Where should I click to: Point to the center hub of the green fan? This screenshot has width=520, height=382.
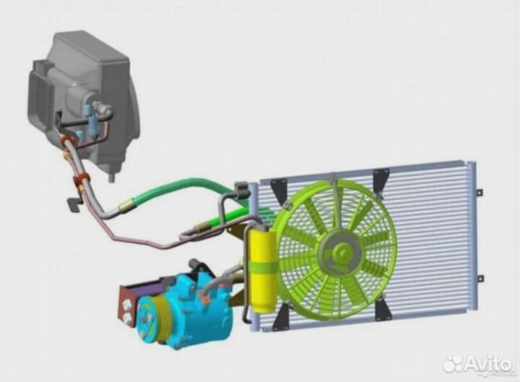[x=340, y=252]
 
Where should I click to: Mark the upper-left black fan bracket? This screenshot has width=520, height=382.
[x=279, y=191]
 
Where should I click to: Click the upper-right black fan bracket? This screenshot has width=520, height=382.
[x=381, y=183]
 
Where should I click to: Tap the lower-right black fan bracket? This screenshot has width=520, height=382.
[x=381, y=308]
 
